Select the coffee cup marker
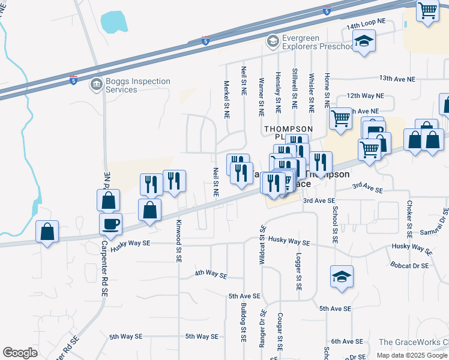coord(110,225)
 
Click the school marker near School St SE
coord(342,277)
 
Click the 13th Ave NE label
coord(397,79)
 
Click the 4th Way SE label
coord(211,275)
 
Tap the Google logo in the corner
coord(20,353)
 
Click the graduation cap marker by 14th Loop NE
coord(363,41)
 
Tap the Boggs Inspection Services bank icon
coord(96,85)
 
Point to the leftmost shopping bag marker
coord(47,232)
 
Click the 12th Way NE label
coord(364,95)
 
